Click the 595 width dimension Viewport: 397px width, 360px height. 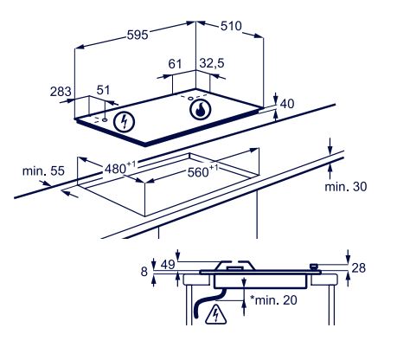(138, 35)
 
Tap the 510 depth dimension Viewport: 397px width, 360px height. (231, 26)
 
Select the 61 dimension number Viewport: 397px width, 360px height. (175, 64)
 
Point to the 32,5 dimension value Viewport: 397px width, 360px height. (212, 63)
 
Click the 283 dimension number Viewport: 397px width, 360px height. (61, 92)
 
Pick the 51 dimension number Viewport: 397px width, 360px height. (103, 90)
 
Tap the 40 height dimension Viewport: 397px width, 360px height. (287, 104)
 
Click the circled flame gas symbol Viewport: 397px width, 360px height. (201, 109)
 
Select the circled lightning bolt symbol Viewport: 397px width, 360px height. (125, 122)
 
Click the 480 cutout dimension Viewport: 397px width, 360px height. (119, 167)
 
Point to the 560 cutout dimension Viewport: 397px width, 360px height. (202, 171)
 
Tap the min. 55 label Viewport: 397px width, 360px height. (43, 170)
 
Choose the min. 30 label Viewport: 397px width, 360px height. (346, 187)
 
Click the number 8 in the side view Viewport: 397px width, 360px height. (144, 272)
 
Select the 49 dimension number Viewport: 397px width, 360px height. (168, 265)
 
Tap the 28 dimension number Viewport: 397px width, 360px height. (359, 268)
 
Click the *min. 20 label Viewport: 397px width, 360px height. (273, 300)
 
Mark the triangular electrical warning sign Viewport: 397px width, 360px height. (215, 314)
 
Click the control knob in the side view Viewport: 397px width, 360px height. (313, 267)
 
